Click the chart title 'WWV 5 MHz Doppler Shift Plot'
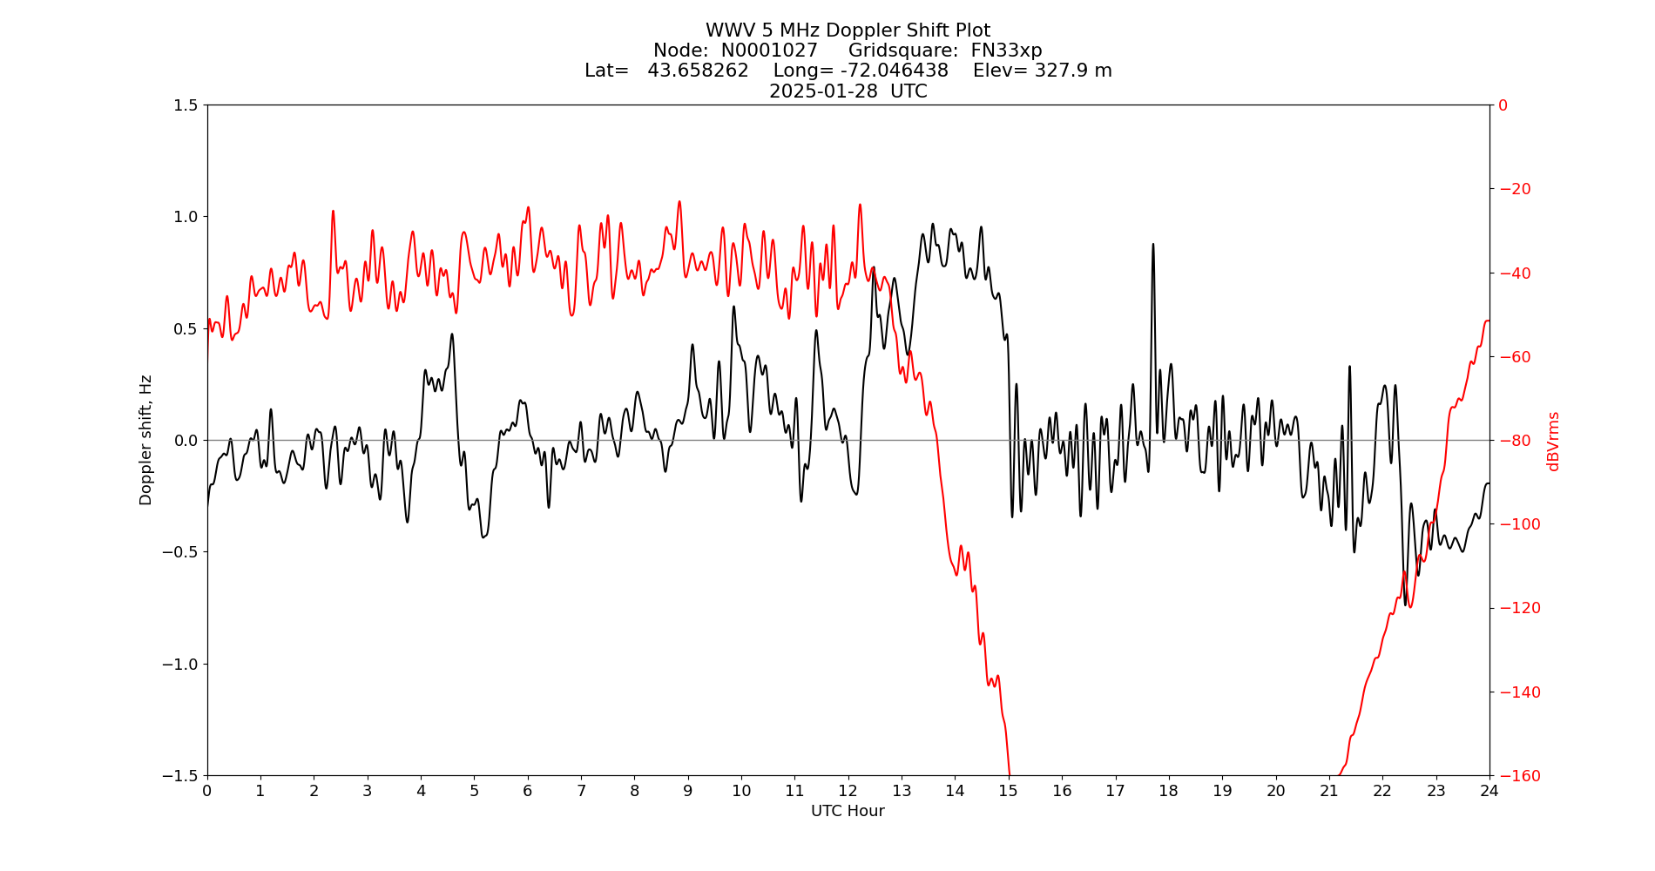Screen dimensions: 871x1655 pyautogui.click(x=848, y=30)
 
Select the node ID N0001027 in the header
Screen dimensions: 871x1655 pyautogui.click(x=769, y=51)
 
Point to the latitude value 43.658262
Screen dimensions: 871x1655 pyautogui.click(x=698, y=71)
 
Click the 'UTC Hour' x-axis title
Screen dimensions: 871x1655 pyautogui.click(x=848, y=811)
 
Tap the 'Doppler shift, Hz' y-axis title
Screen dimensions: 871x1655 pyautogui.click(x=145, y=440)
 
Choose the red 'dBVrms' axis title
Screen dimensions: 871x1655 pyautogui.click(x=1553, y=441)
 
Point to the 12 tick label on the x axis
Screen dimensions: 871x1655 pyautogui.click(x=848, y=791)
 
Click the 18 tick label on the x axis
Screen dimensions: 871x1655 pyautogui.click(x=1168, y=791)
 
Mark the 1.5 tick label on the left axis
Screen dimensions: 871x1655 pyautogui.click(x=185, y=105)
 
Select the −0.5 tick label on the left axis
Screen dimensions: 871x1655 pyautogui.click(x=179, y=552)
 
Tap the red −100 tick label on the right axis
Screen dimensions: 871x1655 pyautogui.click(x=1515, y=524)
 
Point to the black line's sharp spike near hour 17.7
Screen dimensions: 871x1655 pyautogui.click(x=1153, y=245)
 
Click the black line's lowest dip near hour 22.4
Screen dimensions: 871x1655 pyautogui.click(x=1406, y=604)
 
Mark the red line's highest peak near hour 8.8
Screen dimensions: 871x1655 pyautogui.click(x=679, y=202)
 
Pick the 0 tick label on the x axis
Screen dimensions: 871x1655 pyautogui.click(x=207, y=791)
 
